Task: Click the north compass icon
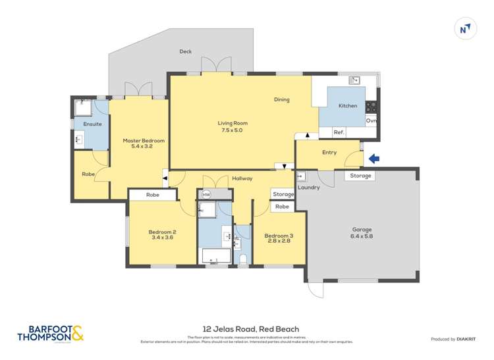(x=466, y=28)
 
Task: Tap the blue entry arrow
(x=373, y=159)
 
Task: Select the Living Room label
(x=232, y=126)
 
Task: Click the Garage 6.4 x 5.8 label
(x=361, y=233)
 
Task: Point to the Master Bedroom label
(x=143, y=143)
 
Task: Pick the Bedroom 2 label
(x=162, y=235)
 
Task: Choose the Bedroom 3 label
(x=278, y=238)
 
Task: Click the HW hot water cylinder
(x=206, y=194)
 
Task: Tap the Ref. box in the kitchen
(x=339, y=132)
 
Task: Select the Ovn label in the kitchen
(x=371, y=120)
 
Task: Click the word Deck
(x=185, y=51)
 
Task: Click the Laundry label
(x=308, y=188)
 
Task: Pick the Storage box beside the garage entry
(x=360, y=176)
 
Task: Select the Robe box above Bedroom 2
(x=153, y=195)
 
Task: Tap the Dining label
(x=282, y=100)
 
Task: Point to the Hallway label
(x=242, y=178)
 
